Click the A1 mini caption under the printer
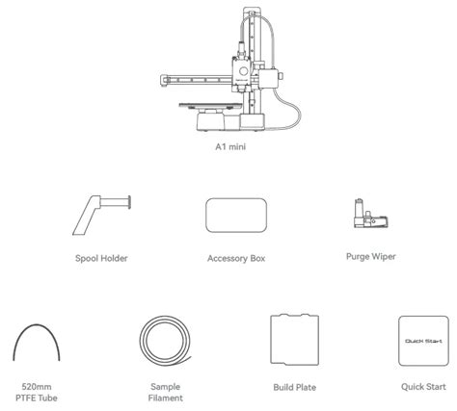click(x=230, y=146)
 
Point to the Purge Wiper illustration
click(x=370, y=214)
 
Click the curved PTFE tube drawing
click(x=37, y=324)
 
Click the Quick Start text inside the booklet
click(x=423, y=341)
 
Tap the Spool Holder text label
click(x=101, y=258)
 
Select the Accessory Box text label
click(x=236, y=258)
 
